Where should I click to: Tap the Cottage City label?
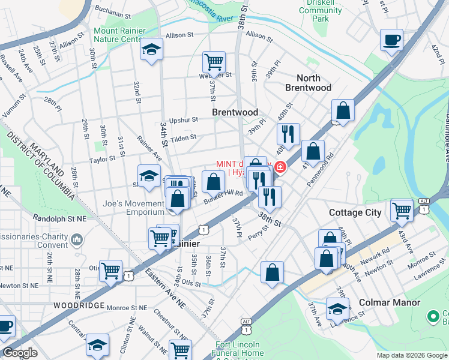click(355, 212)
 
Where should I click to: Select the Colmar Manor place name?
click(390, 303)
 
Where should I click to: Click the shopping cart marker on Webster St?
click(214, 62)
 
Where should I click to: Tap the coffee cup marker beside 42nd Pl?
click(391, 40)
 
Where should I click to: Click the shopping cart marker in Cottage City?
click(402, 211)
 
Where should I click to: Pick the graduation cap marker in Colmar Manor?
click(337, 310)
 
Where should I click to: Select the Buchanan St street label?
click(112, 12)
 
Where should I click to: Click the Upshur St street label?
click(183, 120)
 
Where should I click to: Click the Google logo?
click(20, 353)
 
